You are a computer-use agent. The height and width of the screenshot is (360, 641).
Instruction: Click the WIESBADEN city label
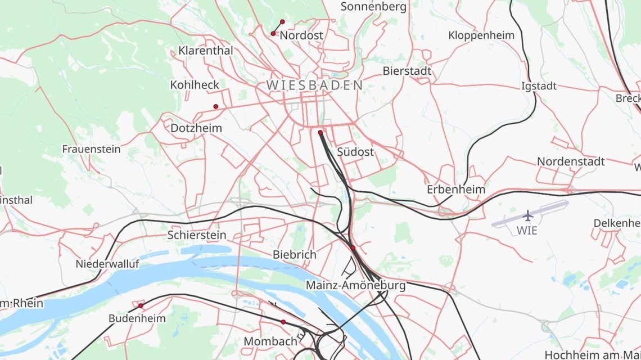(314, 85)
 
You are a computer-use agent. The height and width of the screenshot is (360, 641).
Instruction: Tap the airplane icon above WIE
(527, 216)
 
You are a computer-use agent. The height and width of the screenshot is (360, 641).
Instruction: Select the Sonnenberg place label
(373, 7)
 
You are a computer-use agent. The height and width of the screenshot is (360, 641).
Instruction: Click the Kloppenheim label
(481, 35)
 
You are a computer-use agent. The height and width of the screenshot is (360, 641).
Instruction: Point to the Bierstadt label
(407, 71)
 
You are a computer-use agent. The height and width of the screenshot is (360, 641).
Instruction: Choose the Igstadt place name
(539, 86)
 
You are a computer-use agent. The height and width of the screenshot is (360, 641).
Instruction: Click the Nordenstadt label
(571, 161)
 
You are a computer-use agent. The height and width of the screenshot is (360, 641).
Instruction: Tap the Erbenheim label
(455, 189)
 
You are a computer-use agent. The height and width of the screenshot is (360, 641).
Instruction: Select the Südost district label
(355, 152)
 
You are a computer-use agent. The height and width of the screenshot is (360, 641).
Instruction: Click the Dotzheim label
(196, 128)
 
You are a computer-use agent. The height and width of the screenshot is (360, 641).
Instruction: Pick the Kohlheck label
(195, 85)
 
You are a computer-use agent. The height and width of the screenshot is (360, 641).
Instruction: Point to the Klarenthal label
(206, 51)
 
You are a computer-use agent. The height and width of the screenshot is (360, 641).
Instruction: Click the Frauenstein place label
(91, 149)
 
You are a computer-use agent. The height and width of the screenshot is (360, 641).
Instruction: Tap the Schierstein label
(197, 235)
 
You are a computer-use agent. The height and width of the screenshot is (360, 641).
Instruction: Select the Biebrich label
(295, 254)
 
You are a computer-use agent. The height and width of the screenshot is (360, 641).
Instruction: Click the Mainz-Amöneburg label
(355, 285)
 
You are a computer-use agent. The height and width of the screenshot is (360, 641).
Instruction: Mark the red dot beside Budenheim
(141, 305)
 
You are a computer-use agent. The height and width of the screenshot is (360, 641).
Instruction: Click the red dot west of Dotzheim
(215, 106)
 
